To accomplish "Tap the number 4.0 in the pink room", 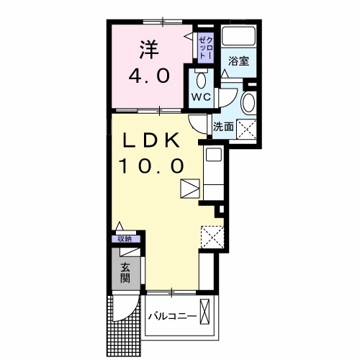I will tap(149, 76).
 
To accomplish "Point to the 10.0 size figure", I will tap(152, 166).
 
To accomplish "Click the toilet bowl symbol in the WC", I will tap(200, 78).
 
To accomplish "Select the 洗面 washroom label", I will tap(222, 127).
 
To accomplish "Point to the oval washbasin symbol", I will tap(248, 103).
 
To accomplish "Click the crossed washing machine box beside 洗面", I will tap(249, 130).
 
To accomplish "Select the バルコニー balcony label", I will tap(173, 316).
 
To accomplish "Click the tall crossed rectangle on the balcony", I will tap(207, 315).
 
